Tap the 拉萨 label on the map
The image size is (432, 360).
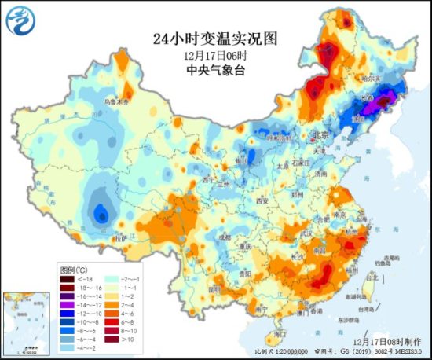point(119,237)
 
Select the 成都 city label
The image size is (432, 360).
point(226,235)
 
